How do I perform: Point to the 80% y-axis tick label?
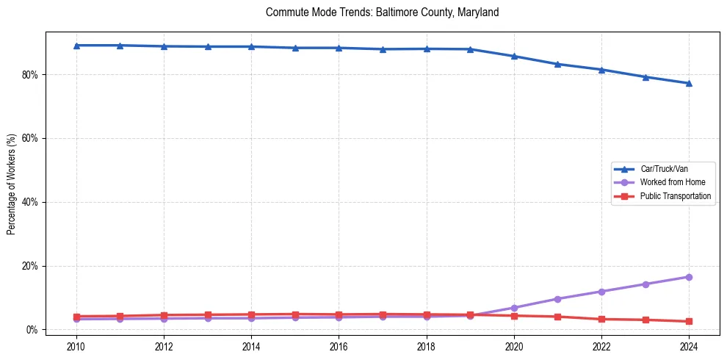click(32, 75)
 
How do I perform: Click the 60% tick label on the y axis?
click(32, 138)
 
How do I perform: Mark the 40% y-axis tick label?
click(32, 202)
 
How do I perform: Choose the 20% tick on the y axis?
click(32, 266)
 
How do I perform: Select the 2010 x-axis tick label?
click(76, 346)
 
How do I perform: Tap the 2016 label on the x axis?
click(339, 346)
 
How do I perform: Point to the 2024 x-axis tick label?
click(689, 346)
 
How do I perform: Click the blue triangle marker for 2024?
click(689, 83)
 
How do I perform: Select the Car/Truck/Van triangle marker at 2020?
click(514, 56)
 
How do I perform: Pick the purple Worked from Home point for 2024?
click(689, 277)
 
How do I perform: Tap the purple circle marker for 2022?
click(601, 292)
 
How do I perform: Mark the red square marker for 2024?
click(689, 321)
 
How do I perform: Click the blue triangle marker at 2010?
click(76, 46)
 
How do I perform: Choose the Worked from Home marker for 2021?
click(557, 299)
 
